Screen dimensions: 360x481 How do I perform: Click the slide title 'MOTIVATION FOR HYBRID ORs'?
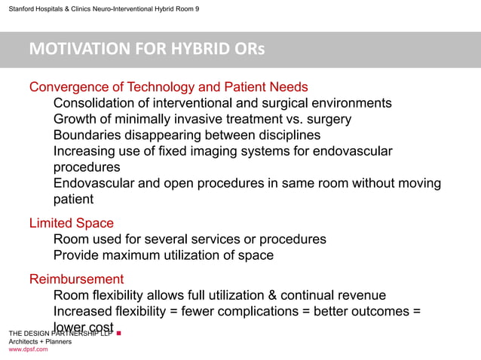[x=147, y=50]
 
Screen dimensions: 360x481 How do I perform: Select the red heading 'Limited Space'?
[x=71, y=223]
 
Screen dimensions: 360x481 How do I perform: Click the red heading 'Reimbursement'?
[x=76, y=279]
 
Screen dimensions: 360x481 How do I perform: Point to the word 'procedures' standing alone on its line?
[x=87, y=167]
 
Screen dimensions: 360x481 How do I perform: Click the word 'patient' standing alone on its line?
[x=74, y=200]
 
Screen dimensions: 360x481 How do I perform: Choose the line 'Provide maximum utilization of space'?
[x=164, y=255]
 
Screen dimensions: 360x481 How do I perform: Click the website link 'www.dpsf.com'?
[x=28, y=349]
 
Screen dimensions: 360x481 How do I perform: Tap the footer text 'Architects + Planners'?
[x=40, y=341]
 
